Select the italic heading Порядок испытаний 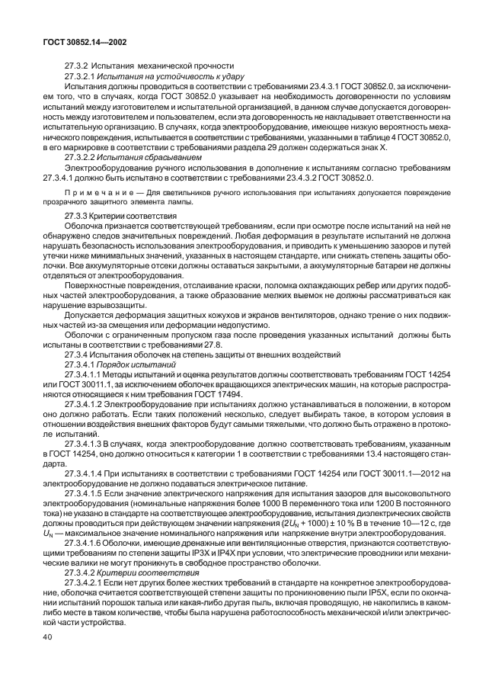(x=137, y=364)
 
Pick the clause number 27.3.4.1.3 (x=88, y=443)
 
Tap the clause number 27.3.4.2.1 (x=88, y=582)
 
